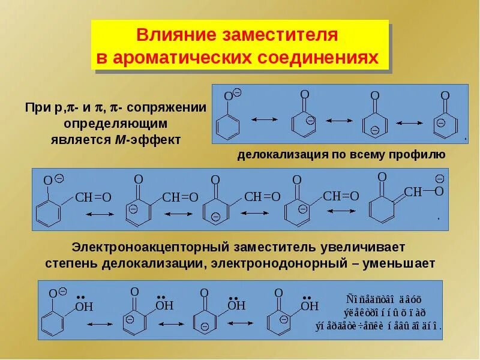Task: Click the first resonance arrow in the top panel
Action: click(262, 120)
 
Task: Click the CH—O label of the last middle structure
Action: click(424, 191)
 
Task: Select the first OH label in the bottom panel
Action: click(84, 308)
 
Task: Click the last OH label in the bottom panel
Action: click(310, 307)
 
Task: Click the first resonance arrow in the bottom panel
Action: click(100, 323)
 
